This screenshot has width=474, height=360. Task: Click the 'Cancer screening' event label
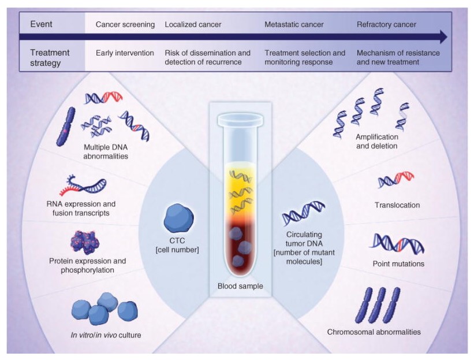tap(125, 24)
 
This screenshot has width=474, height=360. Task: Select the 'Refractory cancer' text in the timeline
tap(386, 24)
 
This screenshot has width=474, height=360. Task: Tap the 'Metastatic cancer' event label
tap(294, 24)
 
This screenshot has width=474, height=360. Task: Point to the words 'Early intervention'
tap(125, 53)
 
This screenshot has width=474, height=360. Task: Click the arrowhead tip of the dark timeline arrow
tap(447, 36)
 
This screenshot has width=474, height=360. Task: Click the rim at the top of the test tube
tap(240, 119)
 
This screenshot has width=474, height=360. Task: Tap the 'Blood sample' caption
tap(240, 286)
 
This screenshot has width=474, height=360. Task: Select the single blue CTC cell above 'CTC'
tap(178, 218)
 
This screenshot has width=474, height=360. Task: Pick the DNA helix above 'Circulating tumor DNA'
tap(304, 214)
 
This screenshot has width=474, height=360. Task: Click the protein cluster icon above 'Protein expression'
tap(85, 242)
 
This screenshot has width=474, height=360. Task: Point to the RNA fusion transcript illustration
tap(83, 185)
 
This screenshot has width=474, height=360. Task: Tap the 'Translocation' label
tap(397, 205)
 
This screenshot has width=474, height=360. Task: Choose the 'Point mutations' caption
tap(398, 264)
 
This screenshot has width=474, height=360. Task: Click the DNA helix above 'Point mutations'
tap(397, 244)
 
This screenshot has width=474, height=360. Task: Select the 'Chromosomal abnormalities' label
tap(374, 332)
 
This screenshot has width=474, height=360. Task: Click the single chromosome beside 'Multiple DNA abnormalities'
tap(66, 127)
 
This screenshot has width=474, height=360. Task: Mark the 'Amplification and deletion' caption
tap(376, 141)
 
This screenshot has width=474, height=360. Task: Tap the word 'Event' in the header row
tap(41, 24)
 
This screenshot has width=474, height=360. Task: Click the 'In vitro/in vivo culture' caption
tap(106, 335)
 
